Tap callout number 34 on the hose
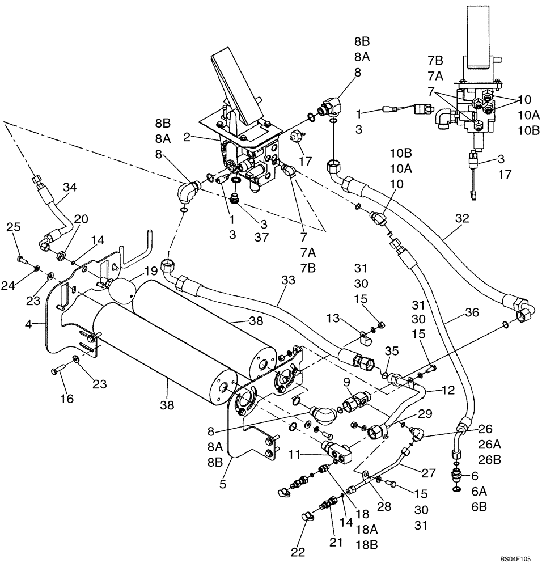coord(69,187)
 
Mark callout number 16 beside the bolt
coord(66,399)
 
